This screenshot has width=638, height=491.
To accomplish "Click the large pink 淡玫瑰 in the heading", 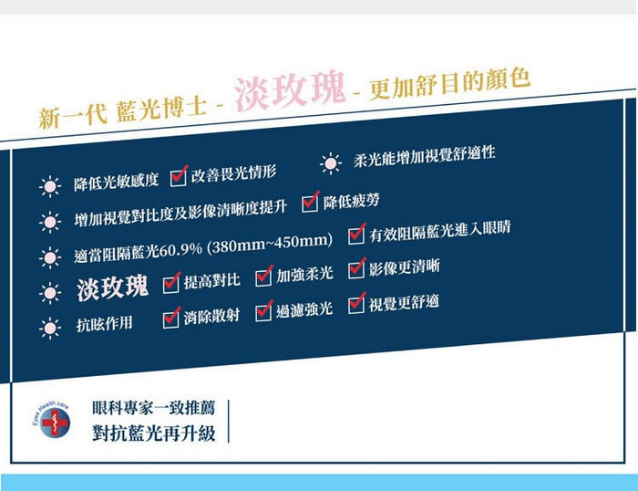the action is click(290, 91).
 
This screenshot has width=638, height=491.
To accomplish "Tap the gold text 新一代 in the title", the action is click(73, 116).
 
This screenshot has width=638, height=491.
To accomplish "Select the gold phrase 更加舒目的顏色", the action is click(449, 84).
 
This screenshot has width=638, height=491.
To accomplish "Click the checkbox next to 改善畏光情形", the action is click(179, 177).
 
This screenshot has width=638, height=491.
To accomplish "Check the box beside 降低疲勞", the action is click(310, 202).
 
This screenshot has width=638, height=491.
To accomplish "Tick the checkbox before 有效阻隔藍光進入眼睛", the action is click(356, 235).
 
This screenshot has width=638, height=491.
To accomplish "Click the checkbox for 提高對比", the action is click(171, 283).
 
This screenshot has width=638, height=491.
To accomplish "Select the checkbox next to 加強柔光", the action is click(263, 276).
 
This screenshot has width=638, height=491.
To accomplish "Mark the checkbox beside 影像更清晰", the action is click(356, 269).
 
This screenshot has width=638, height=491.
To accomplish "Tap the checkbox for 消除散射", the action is click(171, 318).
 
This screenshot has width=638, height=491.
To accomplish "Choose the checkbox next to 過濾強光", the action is click(263, 311).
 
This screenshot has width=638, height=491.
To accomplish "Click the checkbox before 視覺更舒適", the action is click(356, 304).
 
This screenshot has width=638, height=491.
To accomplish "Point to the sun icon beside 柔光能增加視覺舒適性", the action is click(331, 163).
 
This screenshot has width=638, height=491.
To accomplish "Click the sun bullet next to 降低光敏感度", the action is click(50, 186).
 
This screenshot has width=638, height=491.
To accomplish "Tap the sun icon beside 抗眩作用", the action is click(50, 328).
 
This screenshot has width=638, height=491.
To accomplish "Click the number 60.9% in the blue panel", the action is click(180, 249).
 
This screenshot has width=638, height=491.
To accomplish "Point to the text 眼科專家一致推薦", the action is click(153, 408).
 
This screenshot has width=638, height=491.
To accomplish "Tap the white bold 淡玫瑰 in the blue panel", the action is click(112, 287).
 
